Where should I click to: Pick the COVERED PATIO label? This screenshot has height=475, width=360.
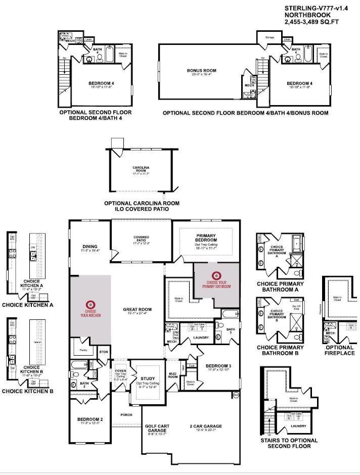[141, 239]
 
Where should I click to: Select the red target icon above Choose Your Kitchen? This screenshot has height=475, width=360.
[91, 304]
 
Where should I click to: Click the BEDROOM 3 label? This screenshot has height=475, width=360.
[218, 365]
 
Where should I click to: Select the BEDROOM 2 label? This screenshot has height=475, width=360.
[90, 419]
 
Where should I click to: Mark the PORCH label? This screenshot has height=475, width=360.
[126, 415]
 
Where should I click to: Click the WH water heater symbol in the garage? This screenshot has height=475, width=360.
[236, 394]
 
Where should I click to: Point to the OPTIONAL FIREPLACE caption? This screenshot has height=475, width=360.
[340, 351]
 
